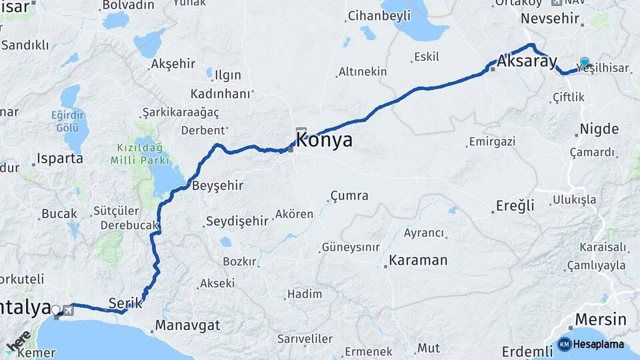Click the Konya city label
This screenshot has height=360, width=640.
tap(324, 140)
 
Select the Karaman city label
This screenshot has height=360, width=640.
tap(418, 260)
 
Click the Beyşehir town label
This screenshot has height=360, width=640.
tap(217, 186)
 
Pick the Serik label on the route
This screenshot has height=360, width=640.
tap(125, 303)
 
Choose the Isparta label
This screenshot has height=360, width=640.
tap(60, 159)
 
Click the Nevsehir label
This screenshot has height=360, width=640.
tap(550, 18)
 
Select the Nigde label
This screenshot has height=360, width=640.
tap(599, 129)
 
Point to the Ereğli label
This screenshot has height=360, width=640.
tap(515, 205)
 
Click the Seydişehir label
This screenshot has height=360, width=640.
tap(237, 221)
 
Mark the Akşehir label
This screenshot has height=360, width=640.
tap(173, 64)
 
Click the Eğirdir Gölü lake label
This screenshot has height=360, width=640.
tap(67, 120)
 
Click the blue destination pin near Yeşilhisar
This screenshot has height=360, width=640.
tap(585, 63)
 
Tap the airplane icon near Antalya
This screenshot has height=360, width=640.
tap(68, 310)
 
